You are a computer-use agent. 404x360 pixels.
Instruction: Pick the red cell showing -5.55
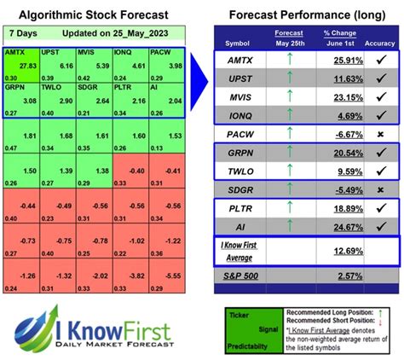175,276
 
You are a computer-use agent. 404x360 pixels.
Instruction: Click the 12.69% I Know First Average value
339,252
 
